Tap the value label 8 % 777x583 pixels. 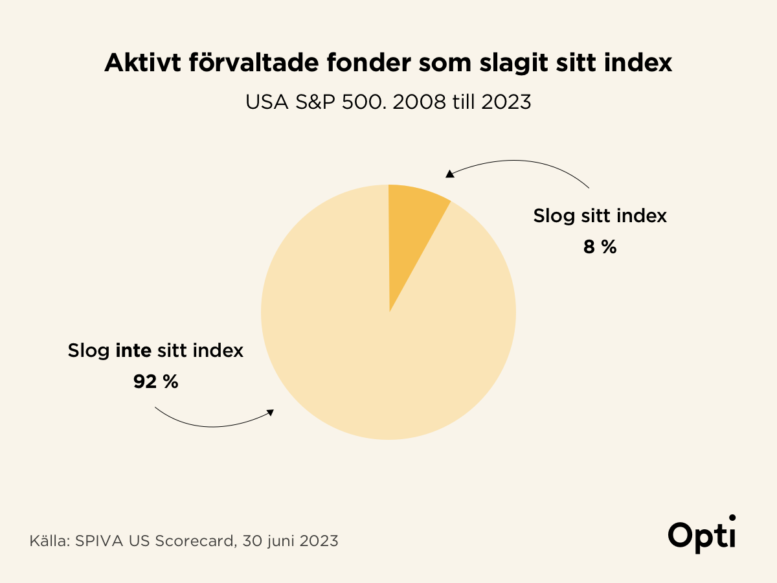tap(600, 247)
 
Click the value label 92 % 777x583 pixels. tap(155, 382)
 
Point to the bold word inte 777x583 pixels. tap(133, 351)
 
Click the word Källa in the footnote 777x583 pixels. tap(49, 541)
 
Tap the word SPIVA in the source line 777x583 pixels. tap(97, 541)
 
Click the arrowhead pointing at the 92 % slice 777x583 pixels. tap(271, 413)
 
